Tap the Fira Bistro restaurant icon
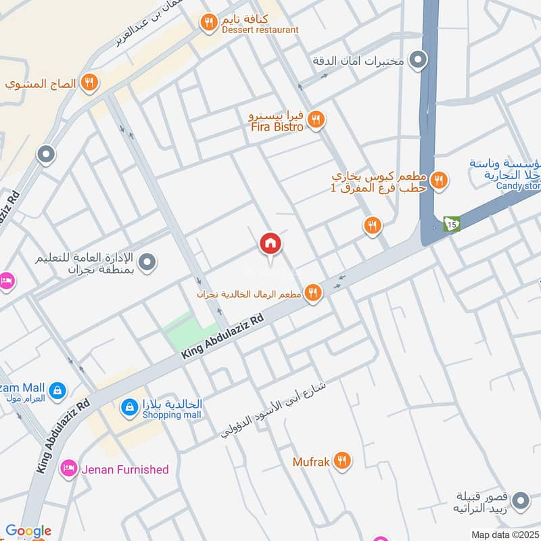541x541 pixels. pyautogui.click(x=315, y=120)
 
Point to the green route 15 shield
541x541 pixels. pyautogui.click(x=451, y=222)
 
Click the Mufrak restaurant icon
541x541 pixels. pyautogui.click(x=343, y=462)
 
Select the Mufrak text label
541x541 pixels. pyautogui.click(x=311, y=463)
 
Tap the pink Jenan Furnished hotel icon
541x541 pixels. pyautogui.click(x=68, y=469)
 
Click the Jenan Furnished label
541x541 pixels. pyautogui.click(x=125, y=469)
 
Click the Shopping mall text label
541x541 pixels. pyautogui.click(x=172, y=414)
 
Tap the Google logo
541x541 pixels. pyautogui.click(x=28, y=531)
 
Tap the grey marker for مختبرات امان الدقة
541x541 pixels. pyautogui.click(x=419, y=60)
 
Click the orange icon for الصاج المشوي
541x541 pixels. pyautogui.click(x=89, y=84)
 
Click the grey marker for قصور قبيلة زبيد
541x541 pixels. pyautogui.click(x=520, y=501)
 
